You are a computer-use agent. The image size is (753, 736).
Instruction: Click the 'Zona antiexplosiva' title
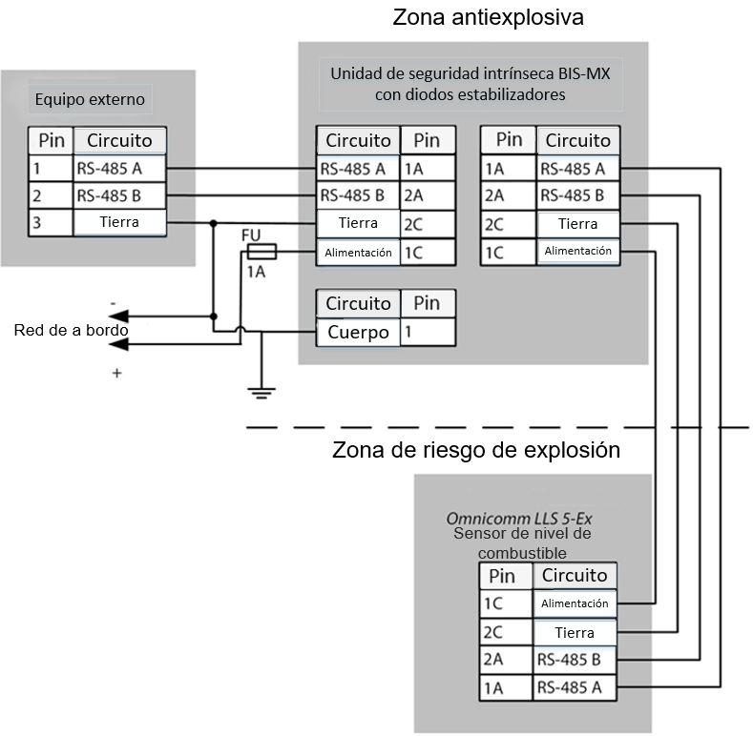488,18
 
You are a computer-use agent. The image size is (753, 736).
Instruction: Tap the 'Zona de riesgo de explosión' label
476,450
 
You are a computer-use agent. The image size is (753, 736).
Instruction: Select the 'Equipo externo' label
92,99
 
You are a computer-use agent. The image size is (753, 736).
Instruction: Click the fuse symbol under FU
261,252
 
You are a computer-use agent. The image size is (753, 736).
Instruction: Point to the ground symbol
261,390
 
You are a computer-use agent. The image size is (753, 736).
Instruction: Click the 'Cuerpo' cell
357,333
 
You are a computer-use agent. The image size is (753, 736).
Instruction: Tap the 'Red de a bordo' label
71,330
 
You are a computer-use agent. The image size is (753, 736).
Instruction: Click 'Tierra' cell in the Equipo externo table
119,223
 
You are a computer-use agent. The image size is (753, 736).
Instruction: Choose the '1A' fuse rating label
257,273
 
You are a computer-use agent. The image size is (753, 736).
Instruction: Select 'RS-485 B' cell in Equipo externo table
119,196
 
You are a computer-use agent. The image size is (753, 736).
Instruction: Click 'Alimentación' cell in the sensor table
574,603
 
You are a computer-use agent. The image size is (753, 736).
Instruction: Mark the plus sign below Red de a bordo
117,374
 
